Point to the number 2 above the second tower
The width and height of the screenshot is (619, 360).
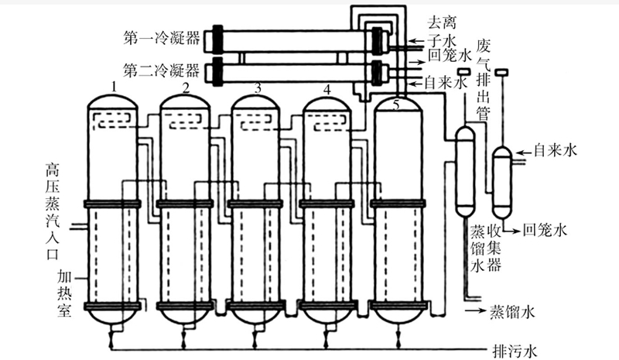tap(186, 87)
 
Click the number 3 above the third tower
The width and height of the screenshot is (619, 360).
tap(258, 87)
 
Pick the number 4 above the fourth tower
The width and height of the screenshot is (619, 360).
tap(327, 88)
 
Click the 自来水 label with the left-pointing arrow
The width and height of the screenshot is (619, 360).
tap(556, 149)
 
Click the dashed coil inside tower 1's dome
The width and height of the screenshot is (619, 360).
tap(113, 118)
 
